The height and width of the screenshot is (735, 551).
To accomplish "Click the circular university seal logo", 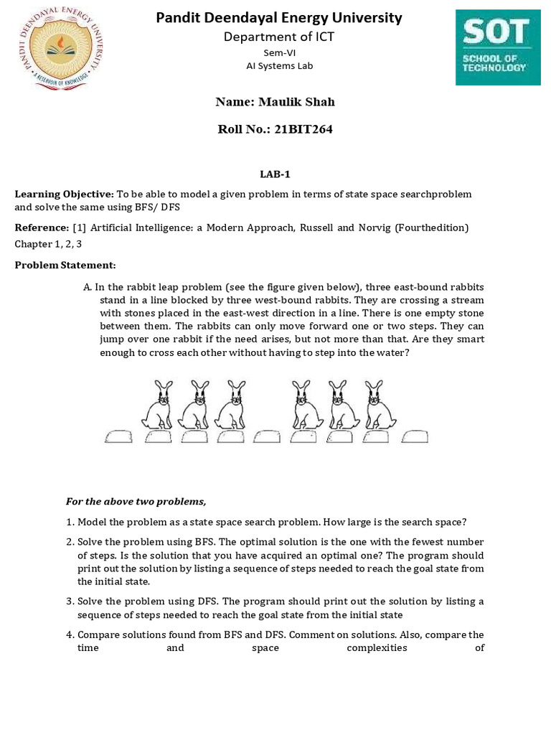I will pyautogui.click(x=60, y=48).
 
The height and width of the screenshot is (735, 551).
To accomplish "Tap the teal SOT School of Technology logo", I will pyautogui.click(x=498, y=47).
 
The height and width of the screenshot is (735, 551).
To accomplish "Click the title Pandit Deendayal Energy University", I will pyautogui.click(x=279, y=18).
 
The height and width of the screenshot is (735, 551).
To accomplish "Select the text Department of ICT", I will pyautogui.click(x=279, y=37).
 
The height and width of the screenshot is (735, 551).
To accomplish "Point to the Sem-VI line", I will pyautogui.click(x=279, y=52).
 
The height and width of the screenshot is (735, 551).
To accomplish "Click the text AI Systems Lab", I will pyautogui.click(x=279, y=66).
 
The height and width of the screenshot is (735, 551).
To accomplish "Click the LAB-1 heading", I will pyautogui.click(x=275, y=174).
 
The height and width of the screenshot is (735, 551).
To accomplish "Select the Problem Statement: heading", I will pyautogui.click(x=65, y=266).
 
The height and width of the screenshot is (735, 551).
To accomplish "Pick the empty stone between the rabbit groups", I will pyautogui.click(x=267, y=436).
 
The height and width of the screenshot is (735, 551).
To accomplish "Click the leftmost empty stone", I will pyautogui.click(x=119, y=436).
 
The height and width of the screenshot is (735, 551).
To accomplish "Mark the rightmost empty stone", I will pyautogui.click(x=415, y=436).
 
